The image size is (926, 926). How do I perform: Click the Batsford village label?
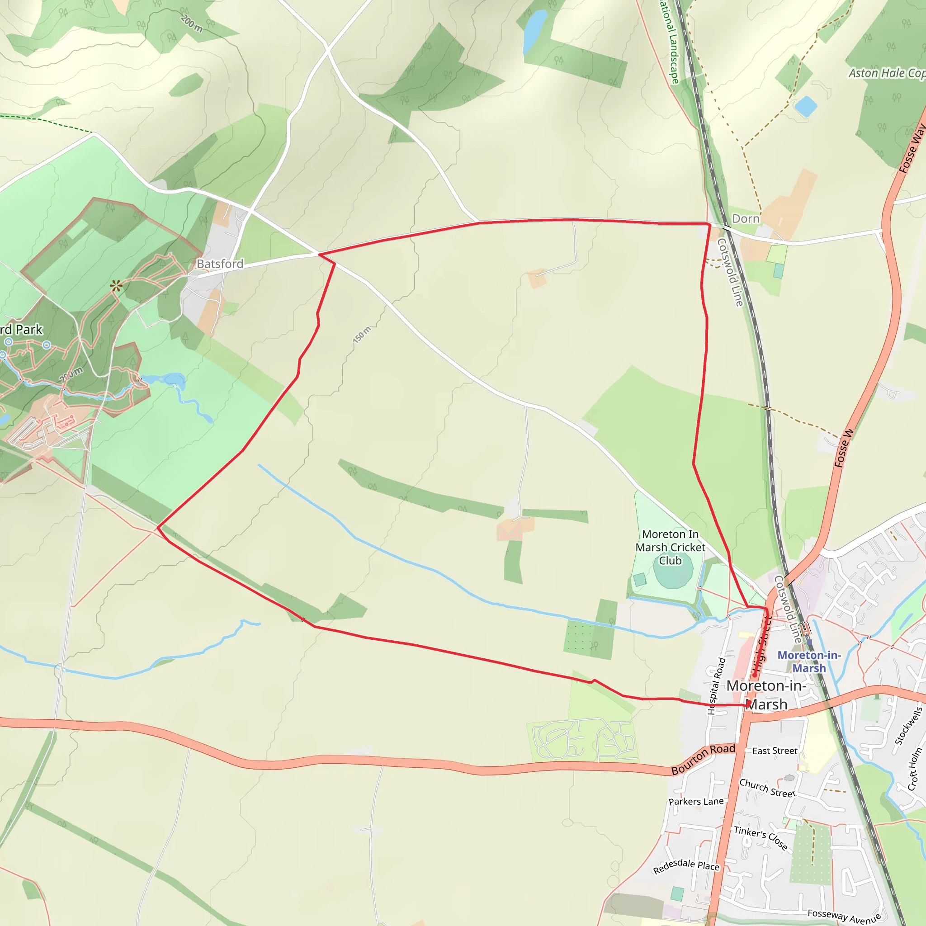click(220, 264)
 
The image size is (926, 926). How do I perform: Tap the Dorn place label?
click(746, 218)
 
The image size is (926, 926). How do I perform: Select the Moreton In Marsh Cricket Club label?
click(670, 547)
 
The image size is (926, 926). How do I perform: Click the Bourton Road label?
click(703, 759)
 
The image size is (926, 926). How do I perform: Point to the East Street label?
click(775, 751)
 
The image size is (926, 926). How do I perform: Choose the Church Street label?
click(767, 788)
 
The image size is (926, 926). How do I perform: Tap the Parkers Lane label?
click(696, 801)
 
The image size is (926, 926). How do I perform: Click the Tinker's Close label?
click(761, 838)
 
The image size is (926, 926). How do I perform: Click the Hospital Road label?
click(717, 686)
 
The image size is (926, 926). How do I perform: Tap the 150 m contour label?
click(362, 335)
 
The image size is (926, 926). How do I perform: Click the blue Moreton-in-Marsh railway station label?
click(809, 661)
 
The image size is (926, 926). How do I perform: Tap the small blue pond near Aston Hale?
click(806, 106)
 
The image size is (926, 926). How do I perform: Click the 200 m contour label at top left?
click(191, 24)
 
